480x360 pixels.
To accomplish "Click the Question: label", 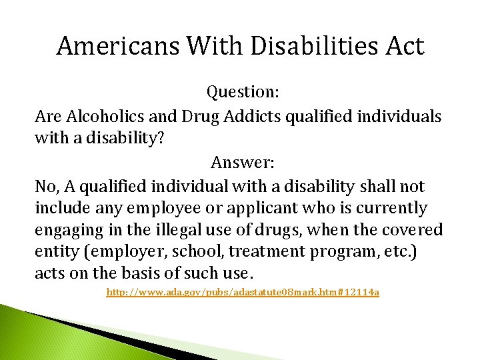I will (243, 91).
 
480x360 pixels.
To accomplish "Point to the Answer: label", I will (243, 162).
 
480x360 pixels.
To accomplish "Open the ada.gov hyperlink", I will (243, 293).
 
